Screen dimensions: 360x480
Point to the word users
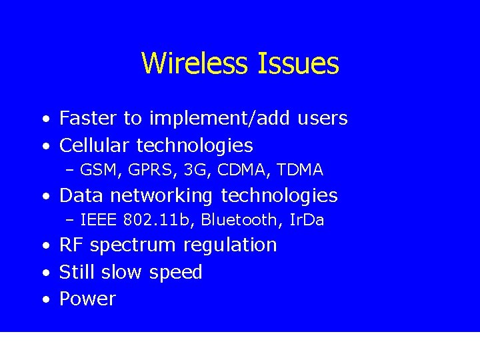click(323, 119)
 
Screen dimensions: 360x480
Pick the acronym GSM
click(97, 170)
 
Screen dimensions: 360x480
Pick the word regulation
click(230, 245)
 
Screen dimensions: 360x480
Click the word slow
click(122, 272)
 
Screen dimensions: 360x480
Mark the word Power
click(87, 299)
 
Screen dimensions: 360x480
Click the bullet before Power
click(45, 299)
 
